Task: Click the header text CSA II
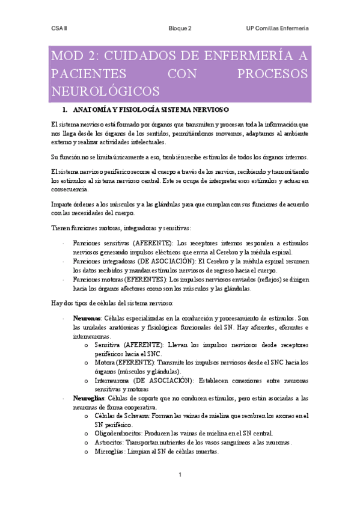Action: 59,28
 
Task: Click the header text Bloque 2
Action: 180,28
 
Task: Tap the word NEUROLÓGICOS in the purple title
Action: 105,91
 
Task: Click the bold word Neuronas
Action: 85,317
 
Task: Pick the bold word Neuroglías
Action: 88,398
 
